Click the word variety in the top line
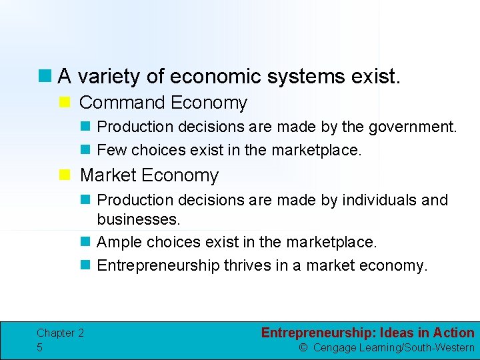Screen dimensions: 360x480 coord(108,77)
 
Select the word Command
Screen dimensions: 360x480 coord(122,103)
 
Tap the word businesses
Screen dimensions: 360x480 coord(139,219)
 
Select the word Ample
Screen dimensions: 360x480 coord(119,241)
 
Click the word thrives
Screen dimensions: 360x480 coord(246,265)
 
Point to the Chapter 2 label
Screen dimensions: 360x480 coord(60,333)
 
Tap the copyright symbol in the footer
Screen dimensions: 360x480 coord(303,347)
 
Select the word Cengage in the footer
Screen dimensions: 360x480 coord(336,347)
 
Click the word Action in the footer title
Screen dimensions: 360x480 coord(453,333)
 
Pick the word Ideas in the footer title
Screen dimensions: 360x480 coord(399,333)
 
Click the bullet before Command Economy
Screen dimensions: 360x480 coord(65,103)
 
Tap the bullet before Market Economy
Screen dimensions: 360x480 coord(65,175)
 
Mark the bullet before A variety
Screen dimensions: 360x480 coord(45,77)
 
